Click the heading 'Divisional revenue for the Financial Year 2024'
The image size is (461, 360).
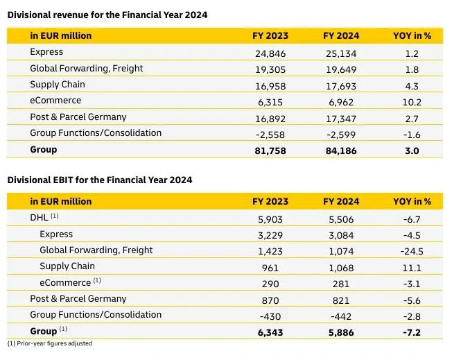pyautogui.click(x=107, y=14)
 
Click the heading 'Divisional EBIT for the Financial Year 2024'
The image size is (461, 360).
pyautogui.click(x=100, y=180)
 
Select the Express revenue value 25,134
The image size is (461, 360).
pyautogui.click(x=341, y=52)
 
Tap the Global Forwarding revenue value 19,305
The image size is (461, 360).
pyautogui.click(x=270, y=69)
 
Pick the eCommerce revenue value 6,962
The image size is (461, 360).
pyautogui.click(x=341, y=101)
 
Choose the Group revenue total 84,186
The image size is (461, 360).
pyautogui.click(x=340, y=150)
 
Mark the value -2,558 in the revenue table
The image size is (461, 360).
pyautogui.click(x=271, y=133)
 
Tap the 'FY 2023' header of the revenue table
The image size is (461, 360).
pyautogui.click(x=270, y=35)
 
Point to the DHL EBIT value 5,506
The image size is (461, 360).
pyautogui.click(x=341, y=218)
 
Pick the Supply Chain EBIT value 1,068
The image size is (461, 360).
pyautogui.click(x=341, y=266)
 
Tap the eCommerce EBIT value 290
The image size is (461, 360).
pyautogui.click(x=271, y=283)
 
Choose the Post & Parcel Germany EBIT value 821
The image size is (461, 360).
pyautogui.click(x=341, y=299)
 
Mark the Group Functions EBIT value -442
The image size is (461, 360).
pyautogui.click(x=341, y=315)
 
